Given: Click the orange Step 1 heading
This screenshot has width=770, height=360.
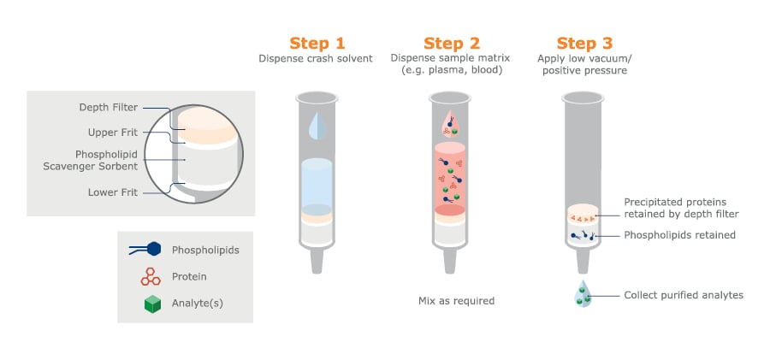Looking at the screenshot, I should click(x=318, y=43).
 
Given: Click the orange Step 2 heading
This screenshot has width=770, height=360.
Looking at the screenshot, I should click(x=452, y=43).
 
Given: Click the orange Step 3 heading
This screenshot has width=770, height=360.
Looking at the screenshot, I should click(x=585, y=43).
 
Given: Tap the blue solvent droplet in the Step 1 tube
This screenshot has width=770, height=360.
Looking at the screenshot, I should click(x=318, y=127).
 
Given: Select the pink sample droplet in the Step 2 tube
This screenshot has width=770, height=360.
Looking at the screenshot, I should click(x=452, y=125).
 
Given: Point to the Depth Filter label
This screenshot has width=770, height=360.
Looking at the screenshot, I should click(x=106, y=108).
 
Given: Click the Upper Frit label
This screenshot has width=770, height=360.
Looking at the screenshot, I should click(x=113, y=133).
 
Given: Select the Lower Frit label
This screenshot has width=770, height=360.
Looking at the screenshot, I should click(x=113, y=192).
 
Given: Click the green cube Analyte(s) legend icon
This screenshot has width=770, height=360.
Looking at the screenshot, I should click(x=153, y=304).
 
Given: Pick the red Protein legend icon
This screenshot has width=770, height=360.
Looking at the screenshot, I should click(x=152, y=276).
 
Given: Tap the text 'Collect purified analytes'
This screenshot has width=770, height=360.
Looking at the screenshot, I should click(x=683, y=295).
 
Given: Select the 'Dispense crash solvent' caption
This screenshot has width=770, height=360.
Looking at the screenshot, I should click(x=317, y=59).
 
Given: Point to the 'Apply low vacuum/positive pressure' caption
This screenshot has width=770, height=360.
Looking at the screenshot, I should click(x=584, y=65).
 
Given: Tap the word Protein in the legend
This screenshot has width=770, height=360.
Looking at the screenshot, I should click(x=189, y=276).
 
